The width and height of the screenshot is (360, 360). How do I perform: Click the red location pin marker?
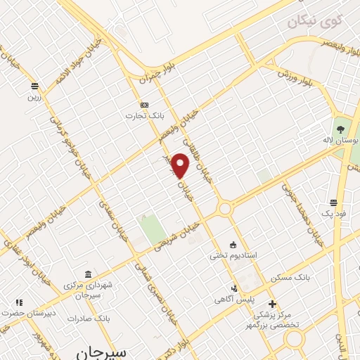tap(181, 165)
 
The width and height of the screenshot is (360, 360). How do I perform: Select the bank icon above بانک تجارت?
tap(144, 104)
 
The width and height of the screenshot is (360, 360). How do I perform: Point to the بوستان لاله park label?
tap(345, 141)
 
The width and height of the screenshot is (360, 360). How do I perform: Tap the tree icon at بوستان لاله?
tap(340, 129)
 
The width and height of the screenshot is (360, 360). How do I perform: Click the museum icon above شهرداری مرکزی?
tap(88, 274)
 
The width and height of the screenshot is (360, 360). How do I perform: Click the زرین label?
tap(34, 96)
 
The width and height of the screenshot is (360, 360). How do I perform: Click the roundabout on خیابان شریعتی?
tap(225, 209)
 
